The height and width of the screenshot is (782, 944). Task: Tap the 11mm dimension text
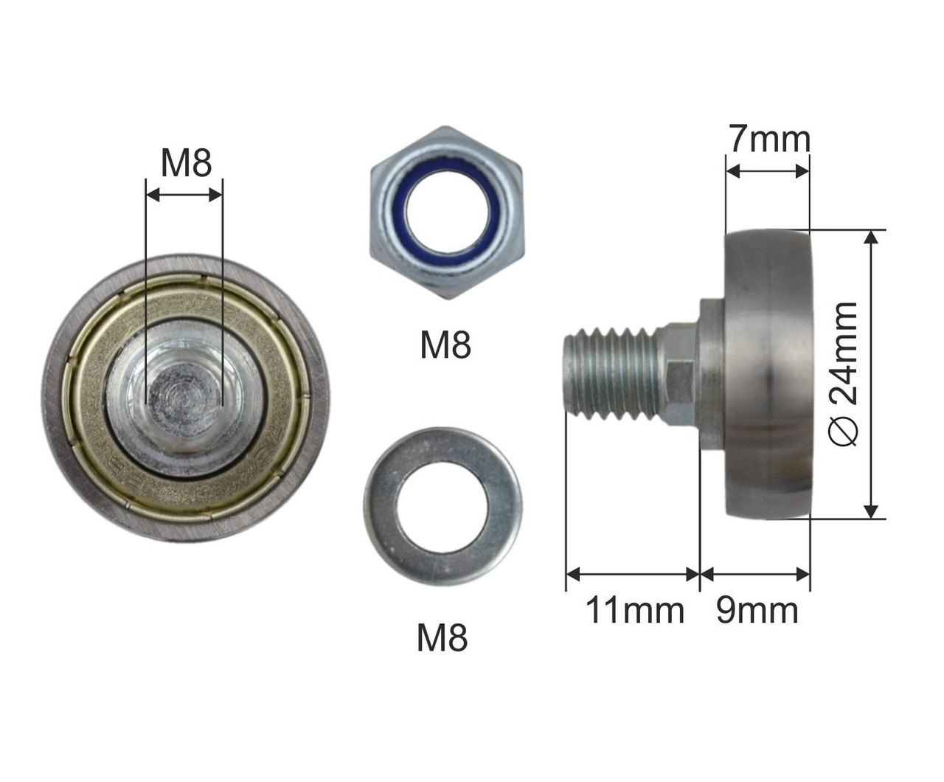(x=635, y=610)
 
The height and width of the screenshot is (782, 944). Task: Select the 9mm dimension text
(x=757, y=610)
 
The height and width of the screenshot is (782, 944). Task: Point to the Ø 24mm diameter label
(x=843, y=374)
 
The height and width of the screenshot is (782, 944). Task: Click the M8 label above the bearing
(x=186, y=163)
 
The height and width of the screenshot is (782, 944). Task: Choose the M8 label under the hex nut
(x=445, y=345)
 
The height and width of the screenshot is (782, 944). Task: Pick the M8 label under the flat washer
(x=442, y=637)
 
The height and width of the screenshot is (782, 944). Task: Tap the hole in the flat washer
(x=442, y=507)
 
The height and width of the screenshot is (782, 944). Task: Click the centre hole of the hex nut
(x=448, y=213)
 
